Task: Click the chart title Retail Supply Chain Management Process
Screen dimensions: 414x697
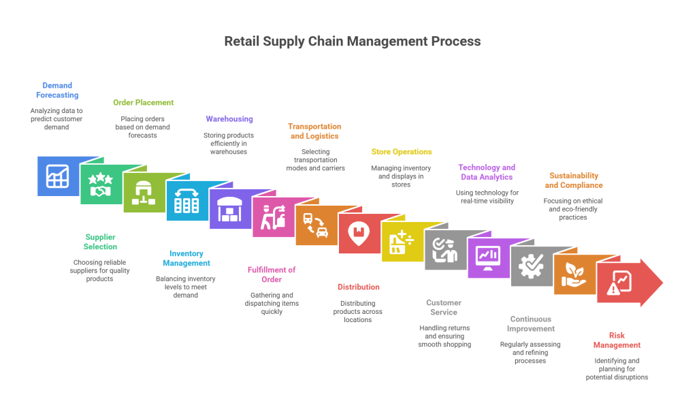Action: (353, 42)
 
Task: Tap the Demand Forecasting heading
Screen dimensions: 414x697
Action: (57, 90)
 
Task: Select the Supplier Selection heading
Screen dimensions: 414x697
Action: (100, 242)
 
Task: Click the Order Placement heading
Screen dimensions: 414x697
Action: (144, 103)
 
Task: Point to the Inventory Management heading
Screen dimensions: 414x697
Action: (187, 258)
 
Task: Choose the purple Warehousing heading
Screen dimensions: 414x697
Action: (229, 119)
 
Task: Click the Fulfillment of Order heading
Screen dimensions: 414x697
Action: (272, 274)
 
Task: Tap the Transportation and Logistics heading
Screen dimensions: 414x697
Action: (314, 131)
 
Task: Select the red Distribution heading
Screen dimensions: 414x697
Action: (359, 287)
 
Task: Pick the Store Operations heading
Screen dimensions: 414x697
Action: (402, 152)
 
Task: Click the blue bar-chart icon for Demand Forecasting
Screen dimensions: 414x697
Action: (57, 176)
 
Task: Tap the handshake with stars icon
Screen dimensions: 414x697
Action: (101, 185)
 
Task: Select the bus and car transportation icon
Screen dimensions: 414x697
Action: (315, 225)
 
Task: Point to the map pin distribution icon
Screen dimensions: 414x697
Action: (358, 234)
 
